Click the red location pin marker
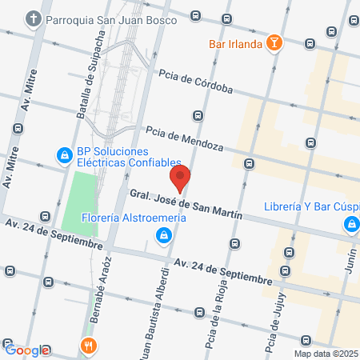coord(181,178)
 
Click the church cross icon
coord(32,18)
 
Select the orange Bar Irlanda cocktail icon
coord(274,43)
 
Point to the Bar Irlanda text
coord(235,44)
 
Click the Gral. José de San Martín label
coord(185,203)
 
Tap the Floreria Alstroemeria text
coord(134,218)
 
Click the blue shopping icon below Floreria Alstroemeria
coord(163,234)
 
